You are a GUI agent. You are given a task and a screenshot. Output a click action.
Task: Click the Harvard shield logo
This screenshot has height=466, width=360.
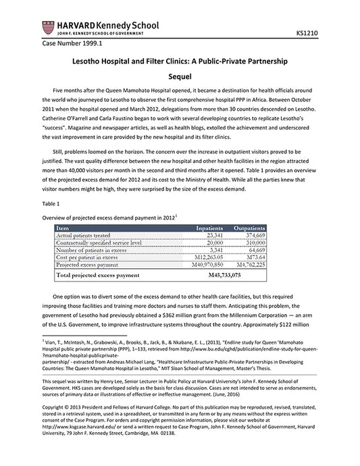pos(48,27)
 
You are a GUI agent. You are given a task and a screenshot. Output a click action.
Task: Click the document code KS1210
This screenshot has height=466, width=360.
pos(308,32)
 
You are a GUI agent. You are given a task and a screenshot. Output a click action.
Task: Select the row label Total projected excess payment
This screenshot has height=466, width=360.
pos(102,276)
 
